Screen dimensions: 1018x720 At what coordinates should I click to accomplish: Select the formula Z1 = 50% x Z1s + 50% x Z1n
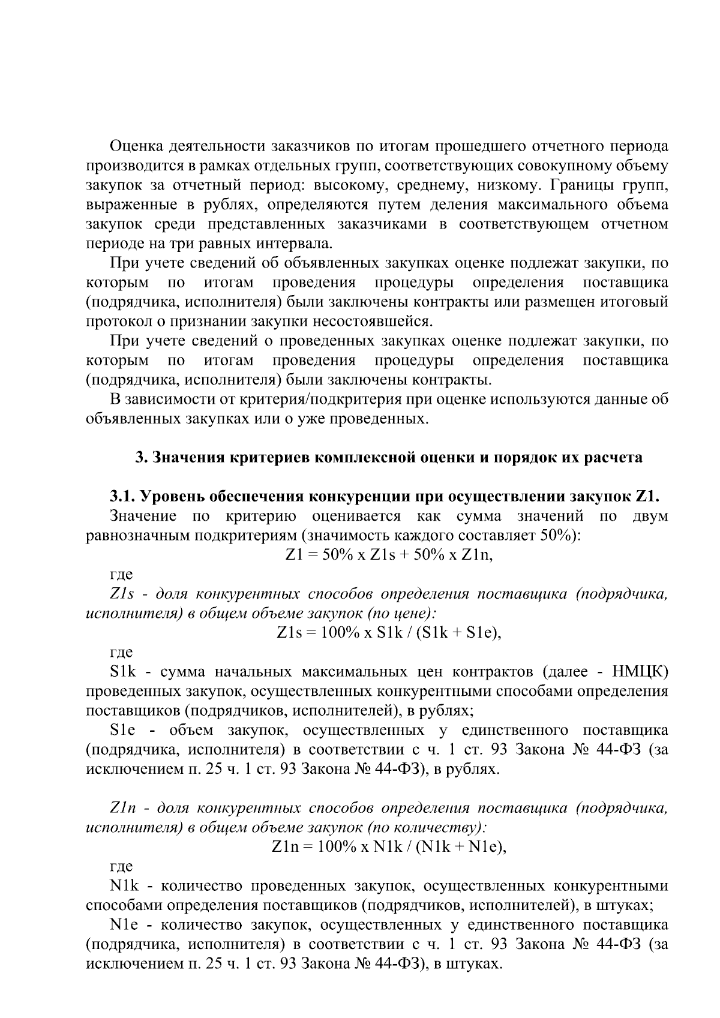pyautogui.click(x=388, y=555)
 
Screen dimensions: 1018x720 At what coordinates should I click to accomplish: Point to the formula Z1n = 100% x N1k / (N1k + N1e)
pyautogui.click(x=388, y=847)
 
